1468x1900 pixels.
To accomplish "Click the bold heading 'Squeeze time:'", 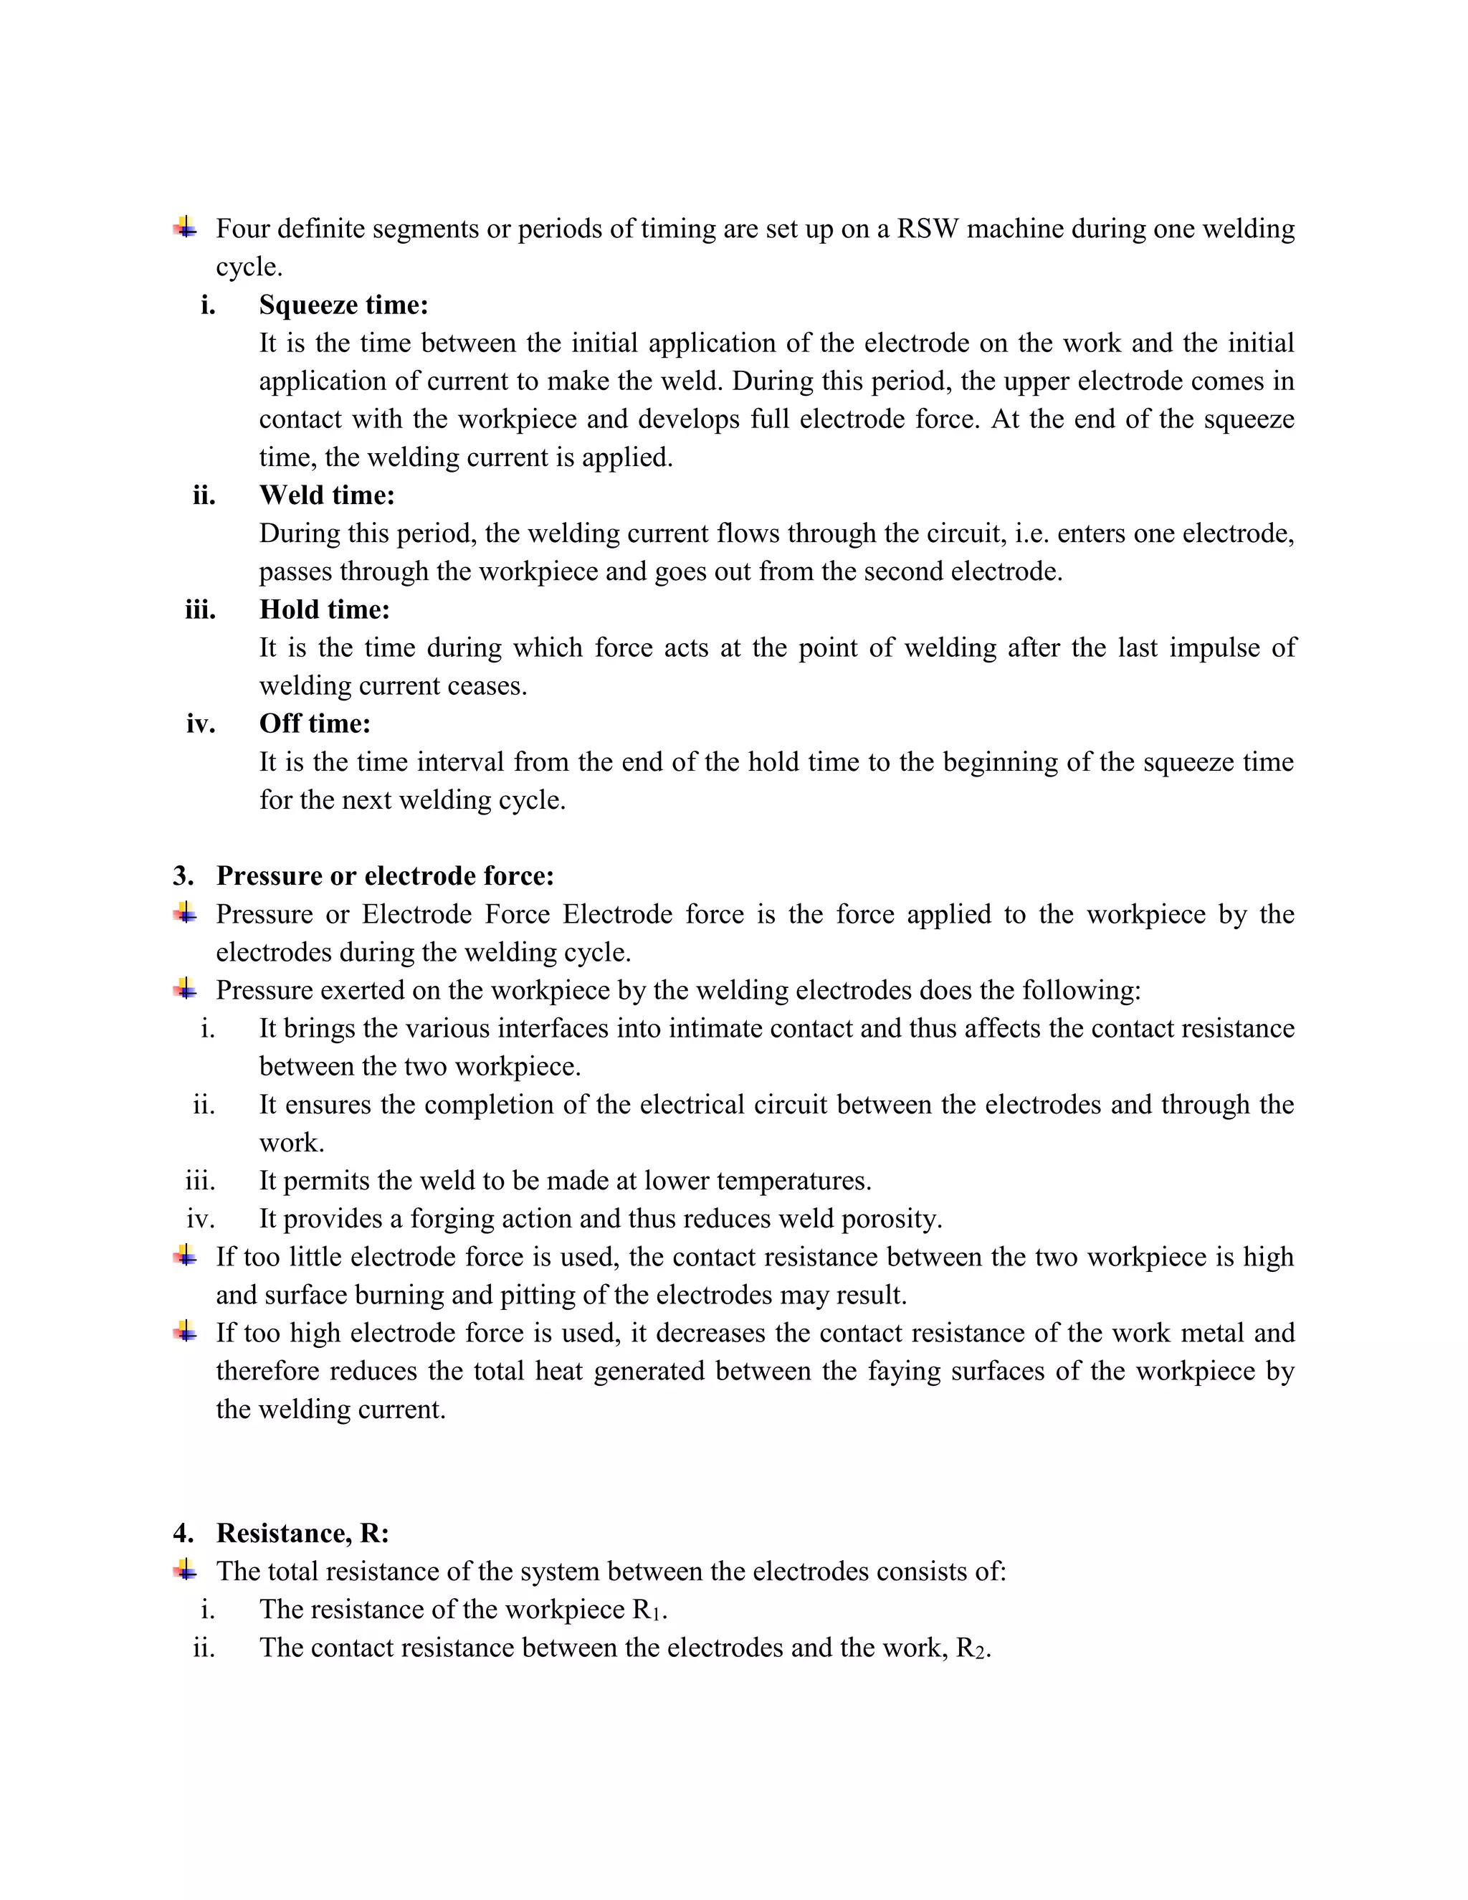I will (x=343, y=305).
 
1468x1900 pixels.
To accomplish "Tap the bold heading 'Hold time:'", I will (x=325, y=610).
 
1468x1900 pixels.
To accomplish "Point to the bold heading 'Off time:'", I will (x=315, y=724).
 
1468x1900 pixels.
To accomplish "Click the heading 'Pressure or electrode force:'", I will (x=384, y=876).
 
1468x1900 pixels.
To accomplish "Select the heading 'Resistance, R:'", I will (x=302, y=1533).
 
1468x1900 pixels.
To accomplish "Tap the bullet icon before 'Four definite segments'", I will (x=184, y=228).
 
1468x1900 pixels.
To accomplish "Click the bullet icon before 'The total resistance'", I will (x=184, y=1570).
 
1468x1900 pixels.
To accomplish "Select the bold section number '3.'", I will (x=183, y=876).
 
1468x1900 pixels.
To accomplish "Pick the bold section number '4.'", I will (x=183, y=1533).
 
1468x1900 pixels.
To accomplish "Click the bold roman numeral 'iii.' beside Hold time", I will (x=200, y=610).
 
